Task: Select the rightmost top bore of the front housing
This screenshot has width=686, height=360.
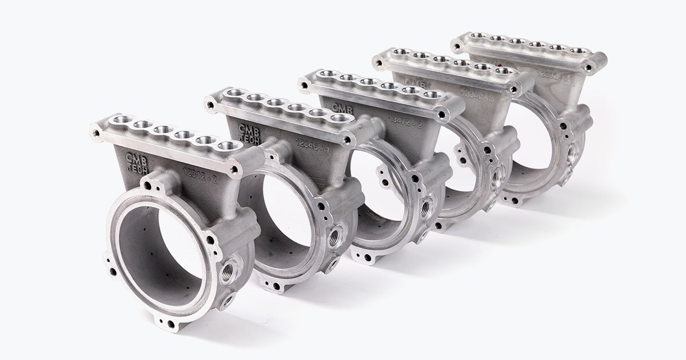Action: (228, 146)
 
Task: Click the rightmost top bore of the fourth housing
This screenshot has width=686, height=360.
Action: (501, 71)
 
